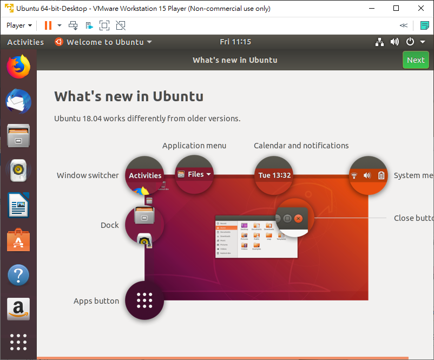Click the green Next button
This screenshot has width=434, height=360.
416,60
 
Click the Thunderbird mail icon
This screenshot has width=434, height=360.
18,101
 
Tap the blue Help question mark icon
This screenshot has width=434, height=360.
18,275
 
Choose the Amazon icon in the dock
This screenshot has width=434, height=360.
18,309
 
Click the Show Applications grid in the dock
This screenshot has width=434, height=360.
18,342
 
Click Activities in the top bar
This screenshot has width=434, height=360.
25,42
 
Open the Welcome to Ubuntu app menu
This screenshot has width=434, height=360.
103,42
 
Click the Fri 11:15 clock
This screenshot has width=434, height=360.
235,42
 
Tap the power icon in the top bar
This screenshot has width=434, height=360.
410,42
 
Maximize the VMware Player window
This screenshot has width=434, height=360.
396,9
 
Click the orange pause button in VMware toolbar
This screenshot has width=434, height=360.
48,25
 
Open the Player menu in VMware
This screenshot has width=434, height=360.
19,25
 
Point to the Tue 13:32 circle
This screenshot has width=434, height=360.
274,175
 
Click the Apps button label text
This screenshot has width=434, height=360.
96,301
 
